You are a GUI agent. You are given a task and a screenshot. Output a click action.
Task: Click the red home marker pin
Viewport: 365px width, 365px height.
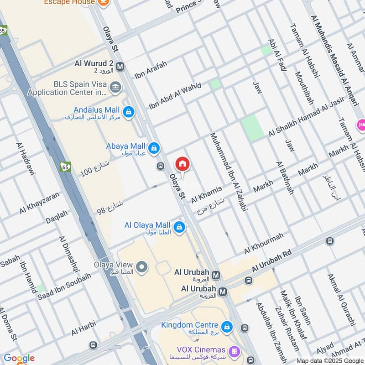click(182, 164)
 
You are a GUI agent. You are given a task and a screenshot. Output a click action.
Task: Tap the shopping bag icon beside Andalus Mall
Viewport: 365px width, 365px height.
click(129, 111)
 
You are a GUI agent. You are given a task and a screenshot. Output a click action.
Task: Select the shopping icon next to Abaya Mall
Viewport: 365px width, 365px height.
click(154, 147)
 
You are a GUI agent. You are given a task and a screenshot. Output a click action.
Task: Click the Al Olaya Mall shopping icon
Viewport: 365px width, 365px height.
click(179, 227)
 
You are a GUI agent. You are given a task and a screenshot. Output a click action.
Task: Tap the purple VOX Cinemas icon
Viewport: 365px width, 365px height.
click(235, 351)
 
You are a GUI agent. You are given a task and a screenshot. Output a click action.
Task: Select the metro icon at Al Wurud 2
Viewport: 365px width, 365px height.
click(120, 66)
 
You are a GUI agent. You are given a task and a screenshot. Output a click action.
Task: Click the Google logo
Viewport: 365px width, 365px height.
click(19, 358)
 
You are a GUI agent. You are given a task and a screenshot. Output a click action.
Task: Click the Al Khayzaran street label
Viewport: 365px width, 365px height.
click(39, 203)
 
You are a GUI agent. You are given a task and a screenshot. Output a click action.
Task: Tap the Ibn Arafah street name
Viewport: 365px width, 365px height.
click(151, 69)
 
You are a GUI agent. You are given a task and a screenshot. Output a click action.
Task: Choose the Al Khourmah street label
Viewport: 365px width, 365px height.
click(263, 243)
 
